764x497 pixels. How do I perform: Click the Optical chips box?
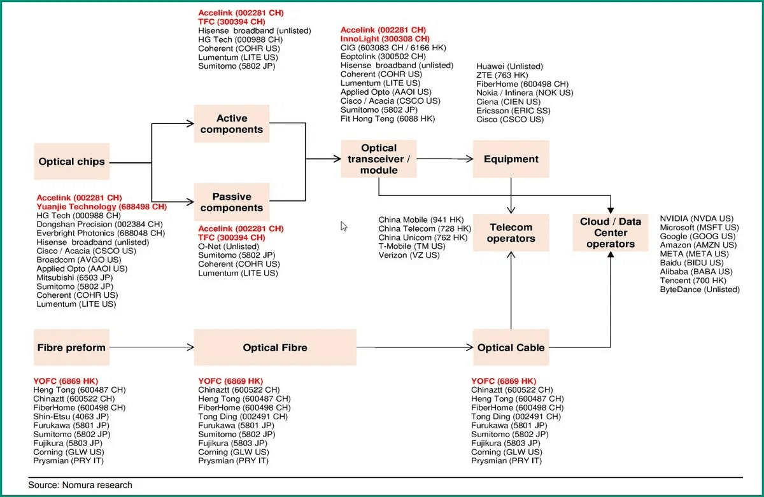click(71, 161)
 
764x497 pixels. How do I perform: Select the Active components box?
click(232, 123)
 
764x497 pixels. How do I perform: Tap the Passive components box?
click(232, 202)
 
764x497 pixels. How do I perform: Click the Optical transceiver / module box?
click(379, 159)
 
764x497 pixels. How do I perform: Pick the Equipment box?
click(511, 159)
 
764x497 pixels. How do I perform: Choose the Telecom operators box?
click(511, 232)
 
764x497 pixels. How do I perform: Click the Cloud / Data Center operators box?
click(611, 232)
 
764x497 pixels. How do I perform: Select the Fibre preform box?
click(71, 347)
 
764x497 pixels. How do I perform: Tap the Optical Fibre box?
click(275, 347)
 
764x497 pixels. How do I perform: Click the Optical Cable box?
click(511, 347)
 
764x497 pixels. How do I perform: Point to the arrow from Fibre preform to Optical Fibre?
click(152, 347)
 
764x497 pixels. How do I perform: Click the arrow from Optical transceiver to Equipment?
click(445, 159)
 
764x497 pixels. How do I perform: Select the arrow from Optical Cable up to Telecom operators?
click(511, 290)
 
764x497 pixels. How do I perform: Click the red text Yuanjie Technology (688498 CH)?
click(102, 207)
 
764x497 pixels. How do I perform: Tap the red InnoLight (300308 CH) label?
click(385, 39)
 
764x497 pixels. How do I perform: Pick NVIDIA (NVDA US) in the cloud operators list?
click(697, 218)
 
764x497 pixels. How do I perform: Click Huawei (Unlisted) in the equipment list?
click(509, 66)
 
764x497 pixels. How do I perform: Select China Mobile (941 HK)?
click(421, 220)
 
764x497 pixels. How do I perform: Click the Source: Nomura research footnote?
click(80, 485)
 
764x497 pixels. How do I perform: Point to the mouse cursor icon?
click(343, 226)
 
